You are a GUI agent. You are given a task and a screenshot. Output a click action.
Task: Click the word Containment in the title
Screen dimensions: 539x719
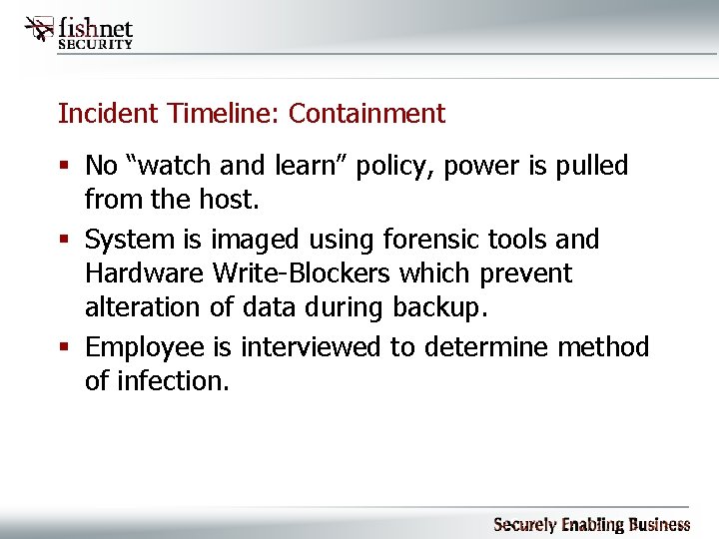tap(366, 114)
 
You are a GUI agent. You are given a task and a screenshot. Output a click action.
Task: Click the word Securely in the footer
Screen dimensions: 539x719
tap(525, 524)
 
